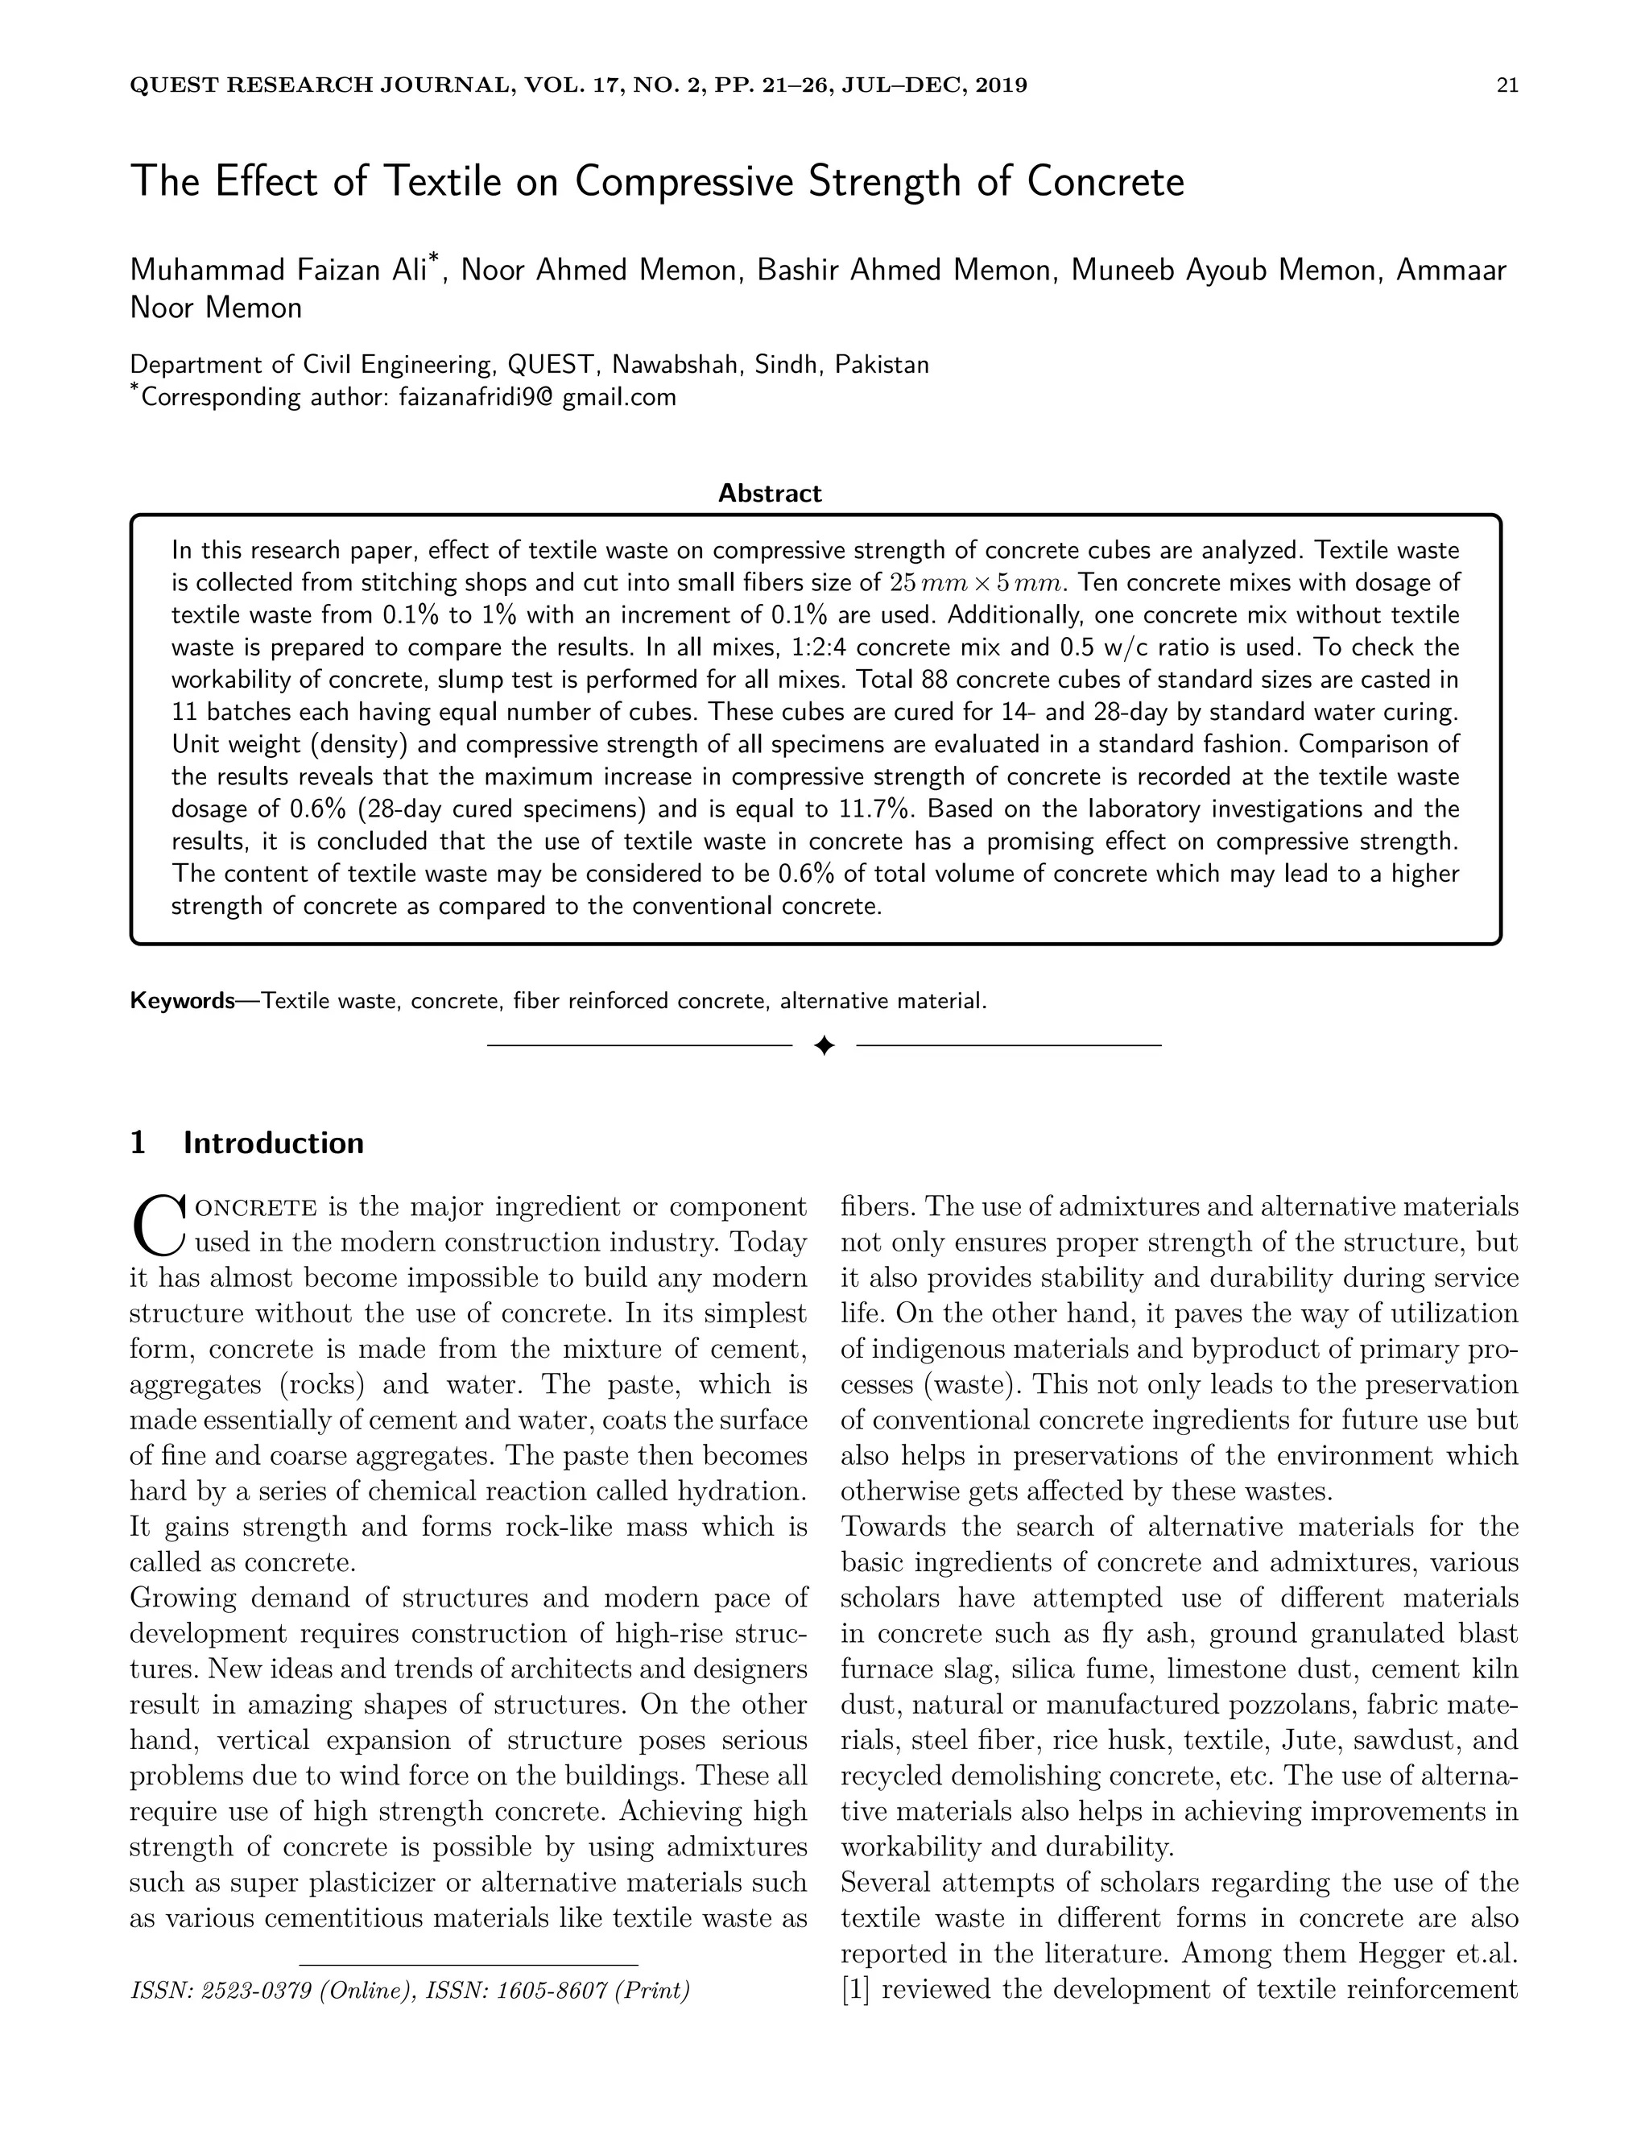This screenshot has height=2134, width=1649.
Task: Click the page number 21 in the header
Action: point(1506,85)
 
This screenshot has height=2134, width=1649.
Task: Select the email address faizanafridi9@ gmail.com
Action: point(537,398)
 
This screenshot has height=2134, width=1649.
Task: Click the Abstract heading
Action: point(770,494)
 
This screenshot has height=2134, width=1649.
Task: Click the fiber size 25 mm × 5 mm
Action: point(975,583)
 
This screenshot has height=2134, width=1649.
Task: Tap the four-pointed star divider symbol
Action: point(824,1047)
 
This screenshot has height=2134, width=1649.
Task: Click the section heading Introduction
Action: point(274,1144)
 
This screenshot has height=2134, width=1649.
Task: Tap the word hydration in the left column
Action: point(741,1492)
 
